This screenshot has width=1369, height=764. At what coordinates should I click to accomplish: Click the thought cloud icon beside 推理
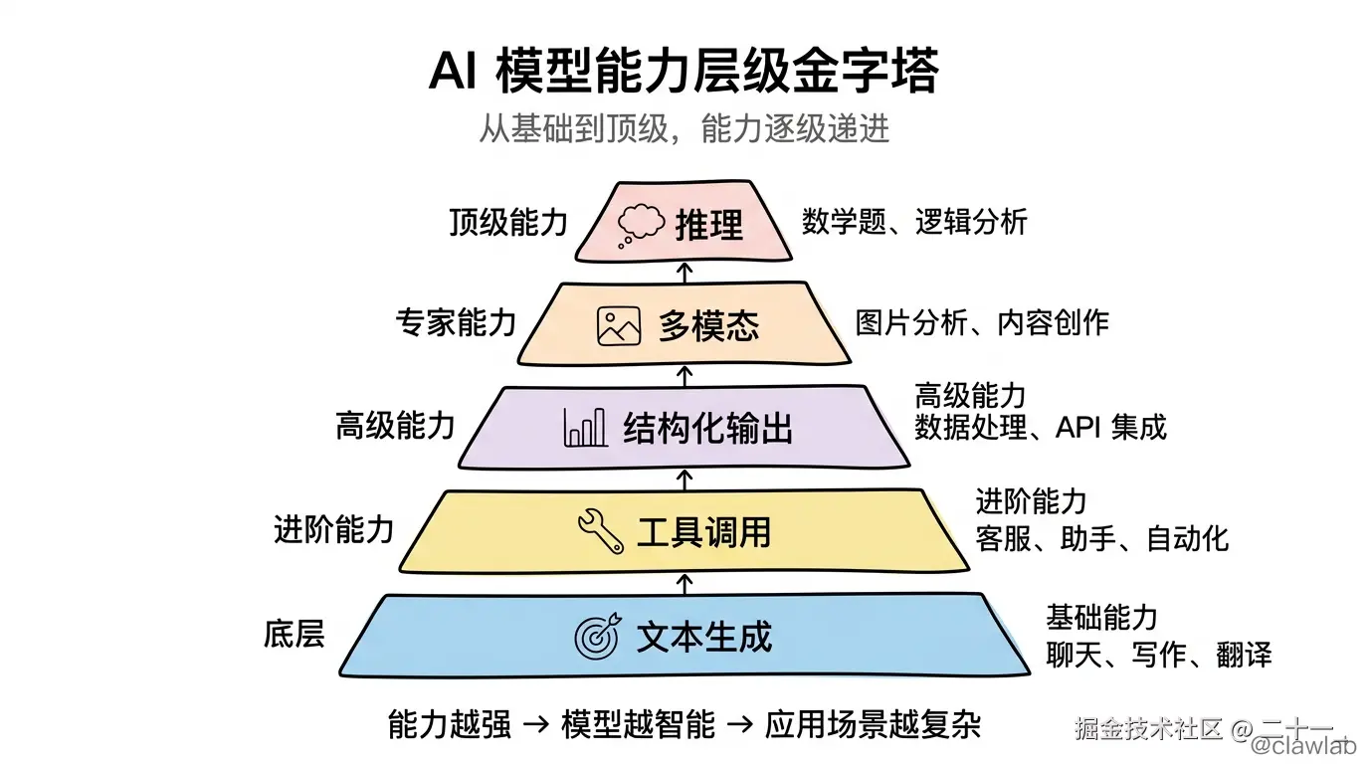pos(640,225)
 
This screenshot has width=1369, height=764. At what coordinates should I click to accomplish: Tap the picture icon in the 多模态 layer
pos(618,326)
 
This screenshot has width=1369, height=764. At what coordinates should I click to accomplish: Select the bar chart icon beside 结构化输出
pos(585,428)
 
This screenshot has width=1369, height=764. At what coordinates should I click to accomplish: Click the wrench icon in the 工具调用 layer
pos(601,530)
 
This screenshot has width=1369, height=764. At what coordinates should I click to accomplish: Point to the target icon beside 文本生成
pos(597,636)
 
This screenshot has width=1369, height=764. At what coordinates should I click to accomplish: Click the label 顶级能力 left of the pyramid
pos(507,222)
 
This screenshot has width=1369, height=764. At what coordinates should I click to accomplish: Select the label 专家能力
pos(456,322)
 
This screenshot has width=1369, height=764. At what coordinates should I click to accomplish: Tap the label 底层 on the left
pos(294,634)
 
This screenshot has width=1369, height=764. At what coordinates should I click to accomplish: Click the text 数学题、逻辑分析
pos(913,221)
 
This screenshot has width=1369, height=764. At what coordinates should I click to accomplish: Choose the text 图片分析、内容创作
pos(981,322)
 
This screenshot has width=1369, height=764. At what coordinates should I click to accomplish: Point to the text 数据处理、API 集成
pos(1040,428)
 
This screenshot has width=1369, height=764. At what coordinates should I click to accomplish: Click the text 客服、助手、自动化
pos(1101,539)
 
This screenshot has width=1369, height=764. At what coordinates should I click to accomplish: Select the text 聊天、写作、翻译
pos(1158,655)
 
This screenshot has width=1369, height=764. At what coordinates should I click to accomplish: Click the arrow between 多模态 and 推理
pos(684,271)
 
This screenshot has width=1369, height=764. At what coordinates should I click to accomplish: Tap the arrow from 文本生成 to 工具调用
pos(684,582)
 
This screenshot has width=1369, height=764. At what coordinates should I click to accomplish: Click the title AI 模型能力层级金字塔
pos(684,73)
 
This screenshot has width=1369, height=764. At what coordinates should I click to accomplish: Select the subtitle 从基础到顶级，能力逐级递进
pos(684,129)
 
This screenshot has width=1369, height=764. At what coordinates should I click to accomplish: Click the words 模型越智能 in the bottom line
pos(638,724)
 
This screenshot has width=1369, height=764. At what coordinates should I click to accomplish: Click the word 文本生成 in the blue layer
pos(704,637)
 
